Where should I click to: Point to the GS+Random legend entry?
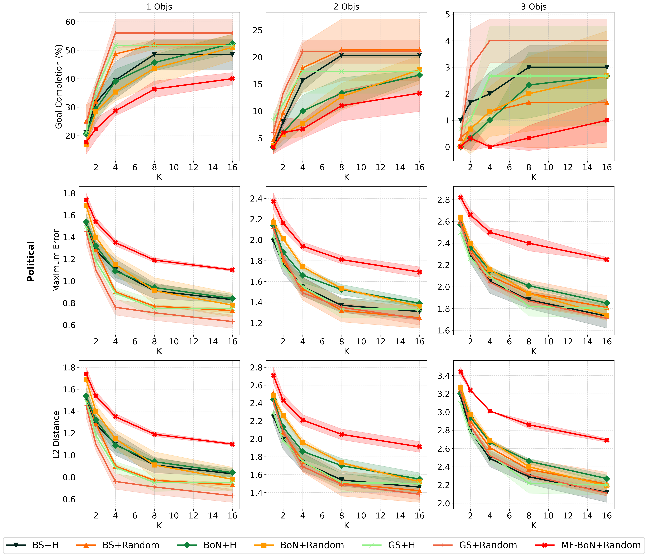(x=475, y=545)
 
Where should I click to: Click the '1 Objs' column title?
(x=159, y=7)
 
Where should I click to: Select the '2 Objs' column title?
(x=346, y=7)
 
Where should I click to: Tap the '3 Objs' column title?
(x=534, y=7)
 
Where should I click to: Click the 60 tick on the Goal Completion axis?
(x=70, y=22)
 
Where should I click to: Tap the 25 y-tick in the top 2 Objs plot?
(x=257, y=30)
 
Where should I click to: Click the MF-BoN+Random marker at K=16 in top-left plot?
(x=232, y=79)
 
